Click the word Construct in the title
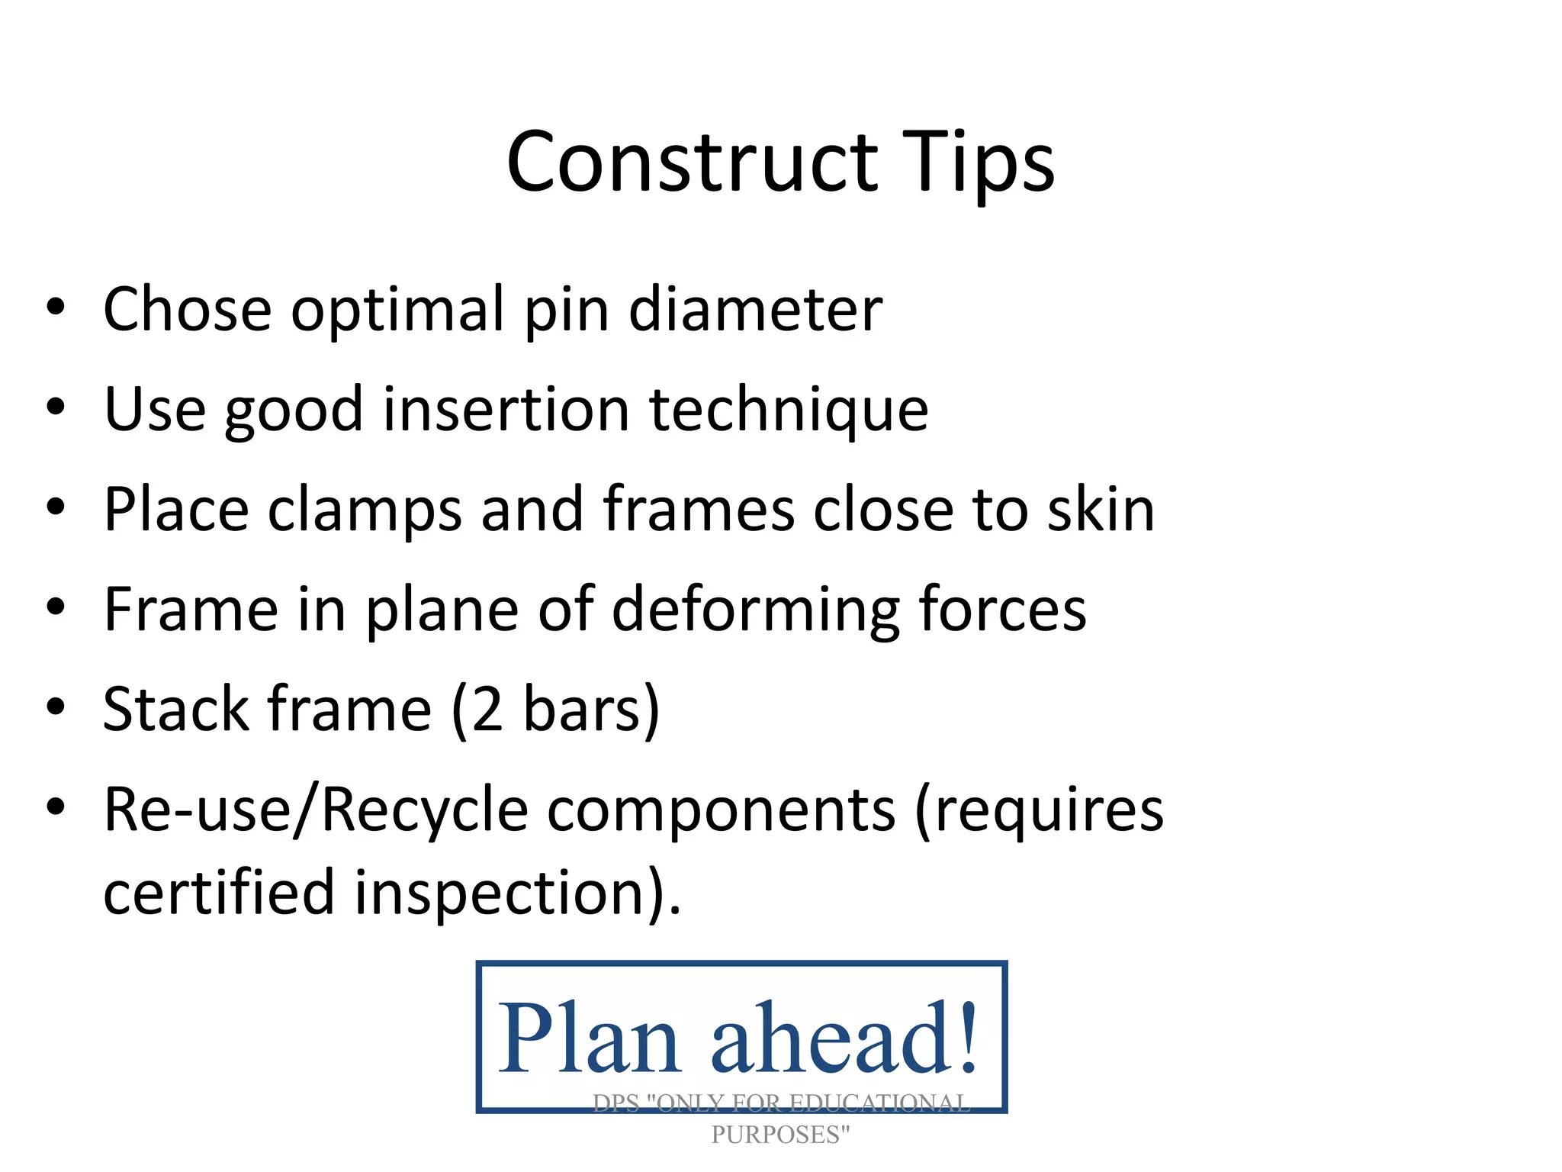click(691, 163)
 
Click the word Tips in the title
click(978, 163)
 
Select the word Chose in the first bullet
click(187, 309)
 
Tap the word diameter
click(755, 309)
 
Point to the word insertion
click(506, 410)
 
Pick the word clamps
click(365, 510)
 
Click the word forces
click(1002, 610)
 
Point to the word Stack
click(175, 710)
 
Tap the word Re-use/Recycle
click(316, 810)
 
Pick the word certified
click(219, 892)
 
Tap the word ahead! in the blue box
click(844, 1040)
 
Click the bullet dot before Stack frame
click(55, 707)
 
